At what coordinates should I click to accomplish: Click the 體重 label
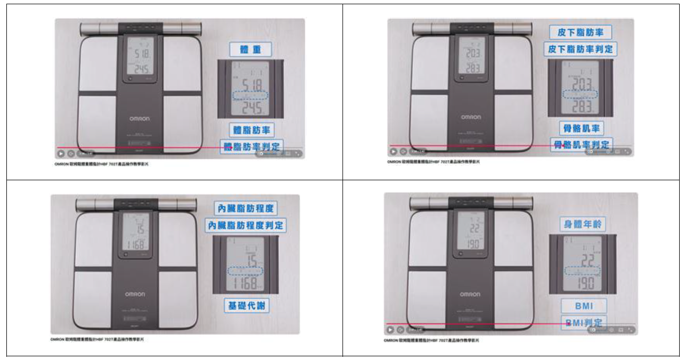point(250,50)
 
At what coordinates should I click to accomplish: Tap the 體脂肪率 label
point(251,129)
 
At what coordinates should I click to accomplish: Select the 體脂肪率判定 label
point(251,146)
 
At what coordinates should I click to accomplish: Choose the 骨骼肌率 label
point(581,128)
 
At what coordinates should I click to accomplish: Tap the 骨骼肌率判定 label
point(581,144)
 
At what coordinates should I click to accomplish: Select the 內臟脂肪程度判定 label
point(246,226)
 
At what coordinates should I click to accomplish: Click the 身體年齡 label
point(583,224)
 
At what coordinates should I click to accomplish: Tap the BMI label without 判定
point(583,306)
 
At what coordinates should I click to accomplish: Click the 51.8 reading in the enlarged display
point(251,85)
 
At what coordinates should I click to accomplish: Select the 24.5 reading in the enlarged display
point(251,109)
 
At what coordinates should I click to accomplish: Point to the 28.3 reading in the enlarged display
point(580,106)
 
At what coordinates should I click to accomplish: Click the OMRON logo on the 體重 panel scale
point(139,118)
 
